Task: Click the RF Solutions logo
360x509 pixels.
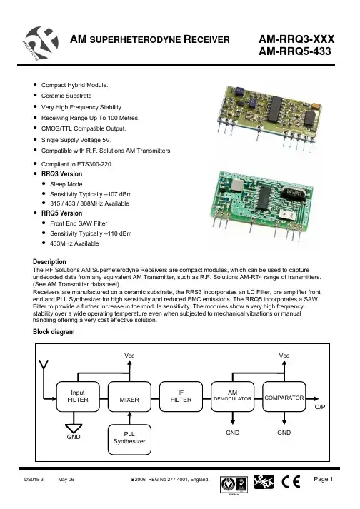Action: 41,43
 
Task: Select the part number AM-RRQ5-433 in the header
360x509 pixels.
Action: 295,51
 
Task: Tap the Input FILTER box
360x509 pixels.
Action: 78,396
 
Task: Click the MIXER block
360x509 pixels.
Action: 129,396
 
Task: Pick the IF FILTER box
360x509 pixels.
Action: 181,396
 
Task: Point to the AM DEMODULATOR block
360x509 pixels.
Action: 233,396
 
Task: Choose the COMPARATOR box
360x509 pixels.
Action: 284,396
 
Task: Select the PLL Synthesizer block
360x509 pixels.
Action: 129,439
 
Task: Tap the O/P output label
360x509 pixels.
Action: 320,407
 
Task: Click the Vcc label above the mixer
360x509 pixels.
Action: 129,356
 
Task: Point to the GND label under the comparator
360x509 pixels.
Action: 284,433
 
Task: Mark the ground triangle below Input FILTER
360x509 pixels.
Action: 74,428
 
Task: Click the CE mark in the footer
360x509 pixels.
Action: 291,481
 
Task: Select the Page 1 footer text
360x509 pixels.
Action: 324,479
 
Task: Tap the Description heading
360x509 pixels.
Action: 49,262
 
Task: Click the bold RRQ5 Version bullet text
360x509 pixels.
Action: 61,213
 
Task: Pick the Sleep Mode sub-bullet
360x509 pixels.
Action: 66,184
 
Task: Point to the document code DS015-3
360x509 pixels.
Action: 34,480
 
